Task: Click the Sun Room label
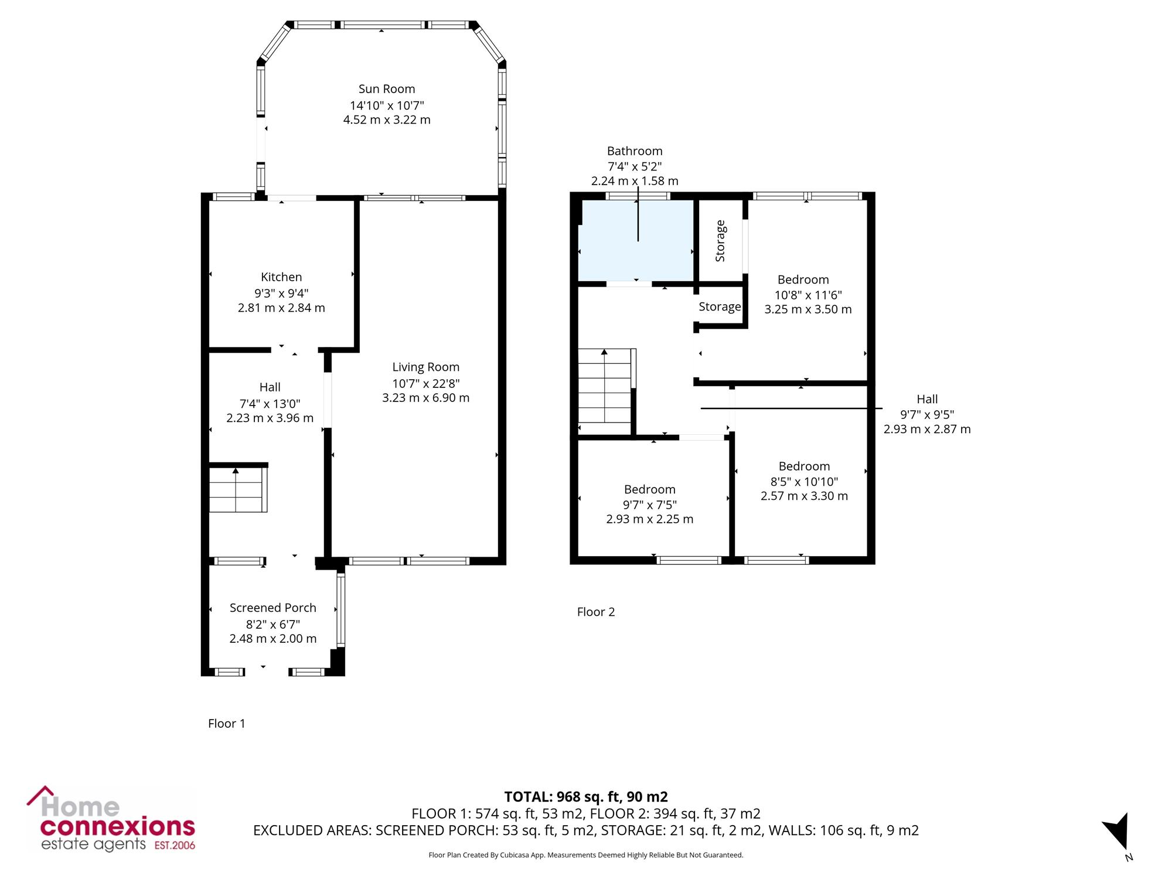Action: point(387,89)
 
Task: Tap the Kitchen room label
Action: point(281,277)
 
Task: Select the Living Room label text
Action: point(426,367)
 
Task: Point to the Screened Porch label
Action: point(273,608)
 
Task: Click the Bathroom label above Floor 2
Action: point(635,151)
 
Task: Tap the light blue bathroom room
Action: point(636,241)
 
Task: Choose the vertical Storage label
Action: point(720,241)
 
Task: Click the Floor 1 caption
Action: point(227,724)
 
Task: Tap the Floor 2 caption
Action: point(596,612)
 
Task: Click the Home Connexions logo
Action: point(111,819)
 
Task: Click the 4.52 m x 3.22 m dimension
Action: point(387,120)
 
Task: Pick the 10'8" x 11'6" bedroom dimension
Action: point(808,295)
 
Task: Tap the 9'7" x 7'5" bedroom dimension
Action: point(650,505)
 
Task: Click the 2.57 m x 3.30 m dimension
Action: point(805,496)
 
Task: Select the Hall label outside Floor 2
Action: point(927,400)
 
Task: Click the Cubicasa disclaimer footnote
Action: point(586,856)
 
